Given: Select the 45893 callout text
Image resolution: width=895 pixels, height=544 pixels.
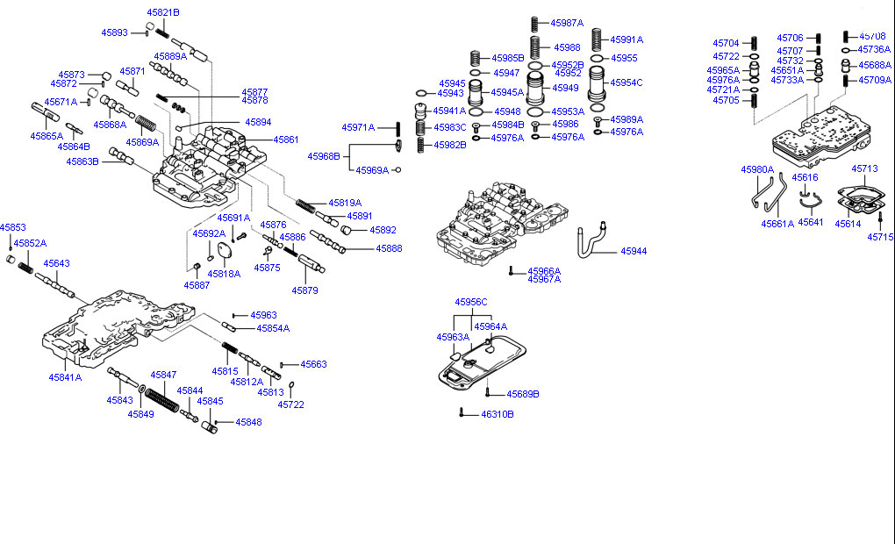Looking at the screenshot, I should (114, 32).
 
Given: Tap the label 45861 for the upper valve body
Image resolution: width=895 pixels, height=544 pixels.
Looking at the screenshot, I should (285, 140).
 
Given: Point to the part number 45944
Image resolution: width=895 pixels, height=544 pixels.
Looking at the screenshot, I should (634, 251).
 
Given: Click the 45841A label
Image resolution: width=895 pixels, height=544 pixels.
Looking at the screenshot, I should (65, 377).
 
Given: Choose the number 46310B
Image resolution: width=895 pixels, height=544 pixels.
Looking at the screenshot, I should (497, 413).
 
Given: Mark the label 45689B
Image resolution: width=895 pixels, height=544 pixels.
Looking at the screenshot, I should (522, 394).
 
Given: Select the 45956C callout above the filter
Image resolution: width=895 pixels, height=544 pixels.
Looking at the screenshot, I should (470, 302).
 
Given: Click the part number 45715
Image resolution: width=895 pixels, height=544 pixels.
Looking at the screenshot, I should (880, 237).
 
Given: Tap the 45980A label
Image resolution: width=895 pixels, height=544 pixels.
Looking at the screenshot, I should (756, 169).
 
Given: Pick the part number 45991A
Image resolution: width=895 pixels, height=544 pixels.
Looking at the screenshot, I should (626, 39).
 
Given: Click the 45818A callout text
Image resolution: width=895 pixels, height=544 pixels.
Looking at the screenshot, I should (224, 274).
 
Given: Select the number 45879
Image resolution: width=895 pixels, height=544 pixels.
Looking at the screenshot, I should (305, 290).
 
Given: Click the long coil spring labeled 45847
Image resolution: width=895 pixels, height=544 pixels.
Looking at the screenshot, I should (162, 402).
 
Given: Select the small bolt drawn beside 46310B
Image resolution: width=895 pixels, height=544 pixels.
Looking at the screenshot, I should (461, 412).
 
